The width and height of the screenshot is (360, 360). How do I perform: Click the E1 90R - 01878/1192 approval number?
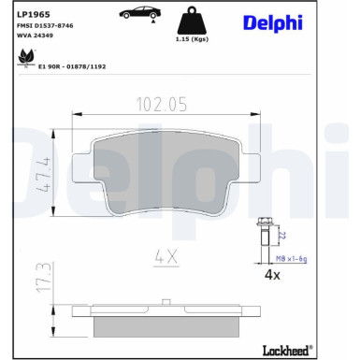coord(73,67)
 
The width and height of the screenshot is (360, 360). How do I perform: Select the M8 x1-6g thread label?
coord(292,257)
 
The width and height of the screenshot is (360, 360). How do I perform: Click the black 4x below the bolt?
coord(272,276)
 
